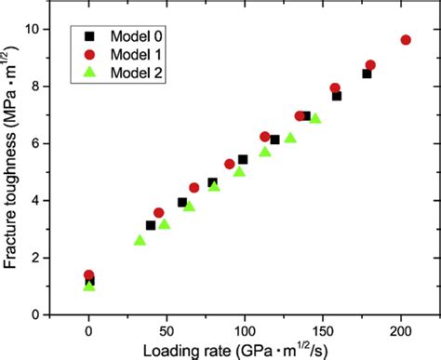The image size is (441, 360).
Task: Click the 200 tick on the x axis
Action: point(401,330)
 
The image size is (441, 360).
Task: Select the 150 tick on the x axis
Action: point(323,330)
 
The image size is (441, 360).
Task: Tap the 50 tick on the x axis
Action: point(167,330)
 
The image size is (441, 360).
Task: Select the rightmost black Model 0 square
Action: point(367,73)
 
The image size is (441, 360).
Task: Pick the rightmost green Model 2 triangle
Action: point(314,118)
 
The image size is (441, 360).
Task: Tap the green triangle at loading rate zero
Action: point(89,286)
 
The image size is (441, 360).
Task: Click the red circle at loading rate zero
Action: point(89,275)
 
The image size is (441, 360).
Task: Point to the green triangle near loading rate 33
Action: point(140,240)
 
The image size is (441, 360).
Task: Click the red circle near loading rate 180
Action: point(370,65)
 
